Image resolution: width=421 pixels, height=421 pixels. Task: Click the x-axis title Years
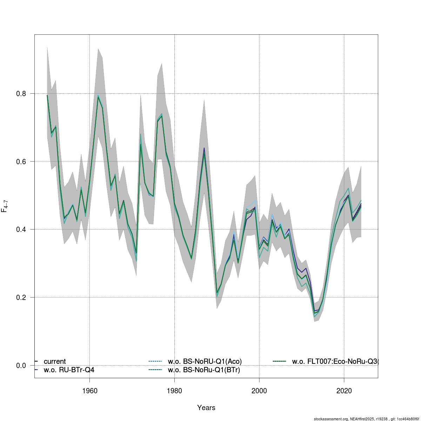(206, 408)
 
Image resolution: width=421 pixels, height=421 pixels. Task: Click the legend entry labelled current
(55, 361)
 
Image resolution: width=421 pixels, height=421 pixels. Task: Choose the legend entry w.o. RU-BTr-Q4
(69, 370)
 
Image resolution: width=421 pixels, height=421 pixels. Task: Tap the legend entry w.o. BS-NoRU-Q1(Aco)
(205, 361)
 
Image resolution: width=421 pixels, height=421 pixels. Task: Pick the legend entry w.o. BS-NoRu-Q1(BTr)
(204, 370)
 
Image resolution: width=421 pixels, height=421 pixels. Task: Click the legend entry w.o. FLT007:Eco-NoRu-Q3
(335, 361)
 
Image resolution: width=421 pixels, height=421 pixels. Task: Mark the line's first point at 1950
(47, 95)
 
